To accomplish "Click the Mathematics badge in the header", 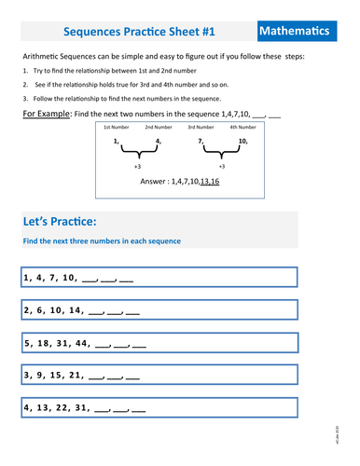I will click(x=294, y=32).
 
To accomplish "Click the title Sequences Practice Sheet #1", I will click(x=139, y=32).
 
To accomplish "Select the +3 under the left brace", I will click(x=137, y=165).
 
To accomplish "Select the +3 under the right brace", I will click(x=221, y=165).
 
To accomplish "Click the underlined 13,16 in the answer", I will click(x=214, y=183).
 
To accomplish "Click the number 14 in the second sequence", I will click(x=76, y=310).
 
